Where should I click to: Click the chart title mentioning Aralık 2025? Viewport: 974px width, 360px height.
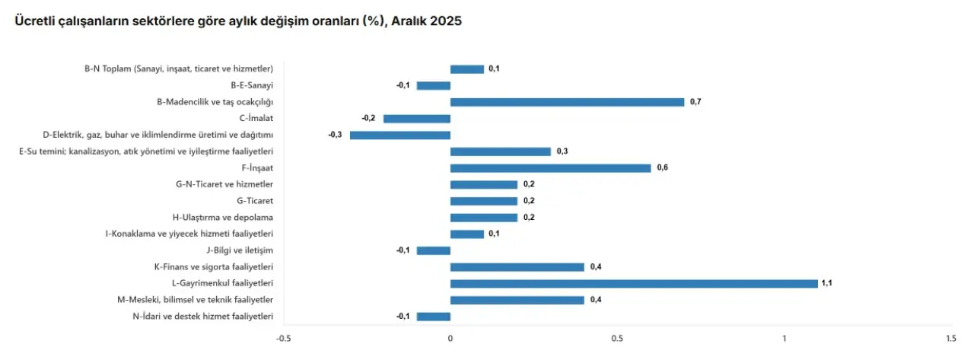pyautogui.click(x=238, y=21)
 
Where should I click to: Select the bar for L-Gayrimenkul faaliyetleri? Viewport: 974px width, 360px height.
pyautogui.click(x=634, y=283)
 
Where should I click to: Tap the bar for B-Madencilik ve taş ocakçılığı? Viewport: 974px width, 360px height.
pyautogui.click(x=567, y=102)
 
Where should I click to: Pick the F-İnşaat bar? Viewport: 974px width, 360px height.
pyautogui.click(x=550, y=168)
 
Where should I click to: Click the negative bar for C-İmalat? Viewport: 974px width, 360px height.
pyautogui.click(x=417, y=119)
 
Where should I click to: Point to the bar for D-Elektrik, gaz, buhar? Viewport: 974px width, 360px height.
pyautogui.click(x=400, y=135)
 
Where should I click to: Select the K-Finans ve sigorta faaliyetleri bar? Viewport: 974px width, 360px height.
pyautogui.click(x=517, y=267)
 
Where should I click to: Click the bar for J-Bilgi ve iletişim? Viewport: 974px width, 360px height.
pyautogui.click(x=434, y=250)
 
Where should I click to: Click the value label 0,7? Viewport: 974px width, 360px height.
pyautogui.click(x=695, y=102)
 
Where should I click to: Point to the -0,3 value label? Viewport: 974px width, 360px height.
pyautogui.click(x=335, y=135)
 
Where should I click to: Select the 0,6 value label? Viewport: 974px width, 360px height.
pyautogui.click(x=662, y=168)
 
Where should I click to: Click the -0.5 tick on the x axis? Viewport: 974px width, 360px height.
pyautogui.click(x=283, y=338)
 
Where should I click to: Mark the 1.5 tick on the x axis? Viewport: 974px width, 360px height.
pyautogui.click(x=950, y=338)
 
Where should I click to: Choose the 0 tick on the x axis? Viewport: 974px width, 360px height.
pyautogui.click(x=450, y=338)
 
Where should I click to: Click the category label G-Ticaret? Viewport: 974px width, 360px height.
pyautogui.click(x=255, y=201)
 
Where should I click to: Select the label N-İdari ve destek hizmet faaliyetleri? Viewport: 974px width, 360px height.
pyautogui.click(x=203, y=317)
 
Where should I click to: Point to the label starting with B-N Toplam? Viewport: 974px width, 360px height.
pyautogui.click(x=179, y=69)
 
